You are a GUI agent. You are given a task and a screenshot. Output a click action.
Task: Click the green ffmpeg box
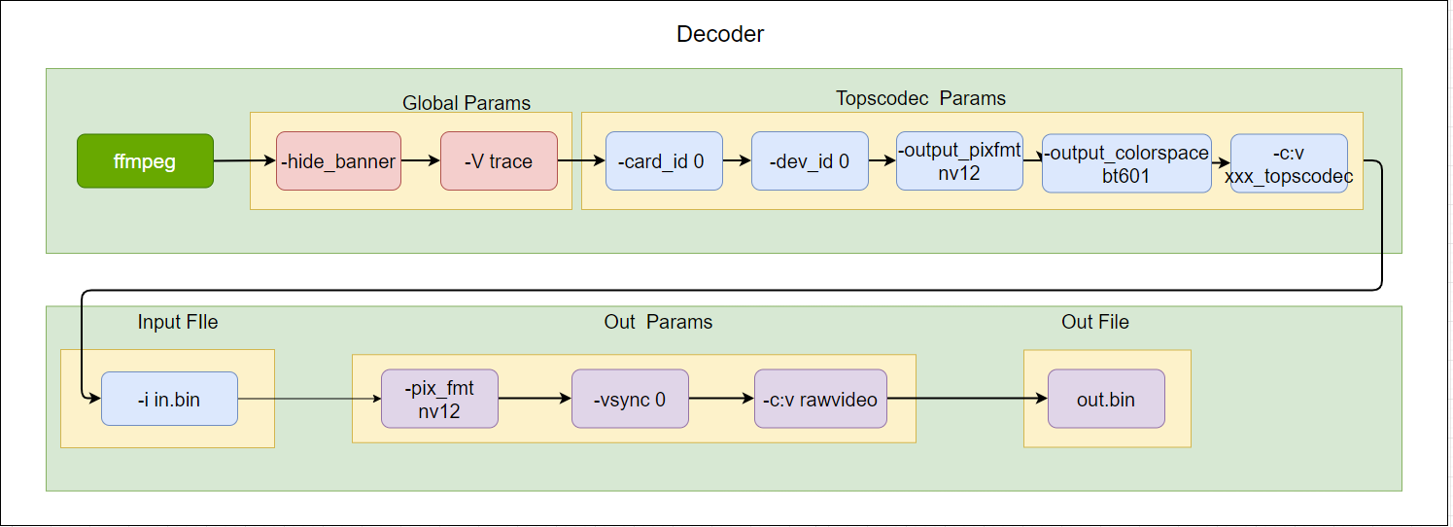click(145, 160)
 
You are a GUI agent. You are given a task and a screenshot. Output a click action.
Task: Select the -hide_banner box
click(338, 160)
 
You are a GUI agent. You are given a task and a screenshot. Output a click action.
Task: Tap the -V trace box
click(499, 160)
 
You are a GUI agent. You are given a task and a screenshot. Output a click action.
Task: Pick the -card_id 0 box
click(664, 160)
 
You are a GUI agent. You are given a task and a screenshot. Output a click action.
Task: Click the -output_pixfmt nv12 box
click(959, 160)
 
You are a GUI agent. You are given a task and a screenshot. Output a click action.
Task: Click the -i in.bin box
click(169, 399)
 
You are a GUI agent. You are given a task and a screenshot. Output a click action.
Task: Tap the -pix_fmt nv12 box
click(439, 399)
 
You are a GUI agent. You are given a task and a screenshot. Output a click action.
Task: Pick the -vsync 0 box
click(630, 399)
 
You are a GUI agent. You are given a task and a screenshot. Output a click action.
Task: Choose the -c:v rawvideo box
click(820, 399)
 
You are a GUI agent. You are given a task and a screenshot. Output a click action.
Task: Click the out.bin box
click(1106, 399)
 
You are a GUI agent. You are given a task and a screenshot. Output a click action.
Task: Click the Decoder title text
click(720, 34)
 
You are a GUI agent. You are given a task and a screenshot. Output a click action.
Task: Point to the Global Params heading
click(467, 103)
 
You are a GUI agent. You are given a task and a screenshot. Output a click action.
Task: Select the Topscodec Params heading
click(920, 98)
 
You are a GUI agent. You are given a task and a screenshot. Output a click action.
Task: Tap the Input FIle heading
click(178, 322)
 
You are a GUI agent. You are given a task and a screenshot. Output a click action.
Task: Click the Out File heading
click(1095, 322)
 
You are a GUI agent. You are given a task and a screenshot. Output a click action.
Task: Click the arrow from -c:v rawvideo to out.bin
click(967, 399)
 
